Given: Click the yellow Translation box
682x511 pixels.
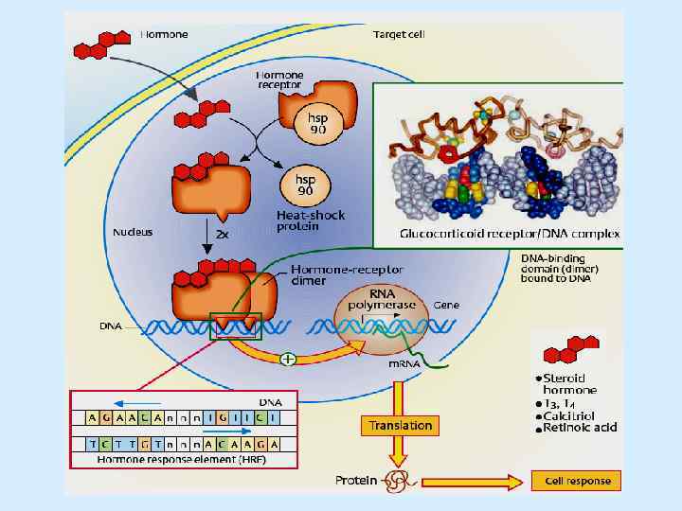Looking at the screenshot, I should point(401,426).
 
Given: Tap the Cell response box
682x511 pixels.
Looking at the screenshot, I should point(577,481).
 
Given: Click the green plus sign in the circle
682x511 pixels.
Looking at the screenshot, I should point(287,360).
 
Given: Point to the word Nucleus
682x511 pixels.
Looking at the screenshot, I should point(133,231).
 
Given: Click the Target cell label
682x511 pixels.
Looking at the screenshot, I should point(404,34).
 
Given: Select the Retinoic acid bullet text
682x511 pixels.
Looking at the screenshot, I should point(580,428).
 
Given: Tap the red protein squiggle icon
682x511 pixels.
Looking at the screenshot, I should point(394,483).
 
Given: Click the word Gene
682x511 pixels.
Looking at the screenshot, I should point(446,307).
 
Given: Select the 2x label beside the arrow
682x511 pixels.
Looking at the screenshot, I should point(223,234).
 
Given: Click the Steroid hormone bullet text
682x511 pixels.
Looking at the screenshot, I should point(570,384).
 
